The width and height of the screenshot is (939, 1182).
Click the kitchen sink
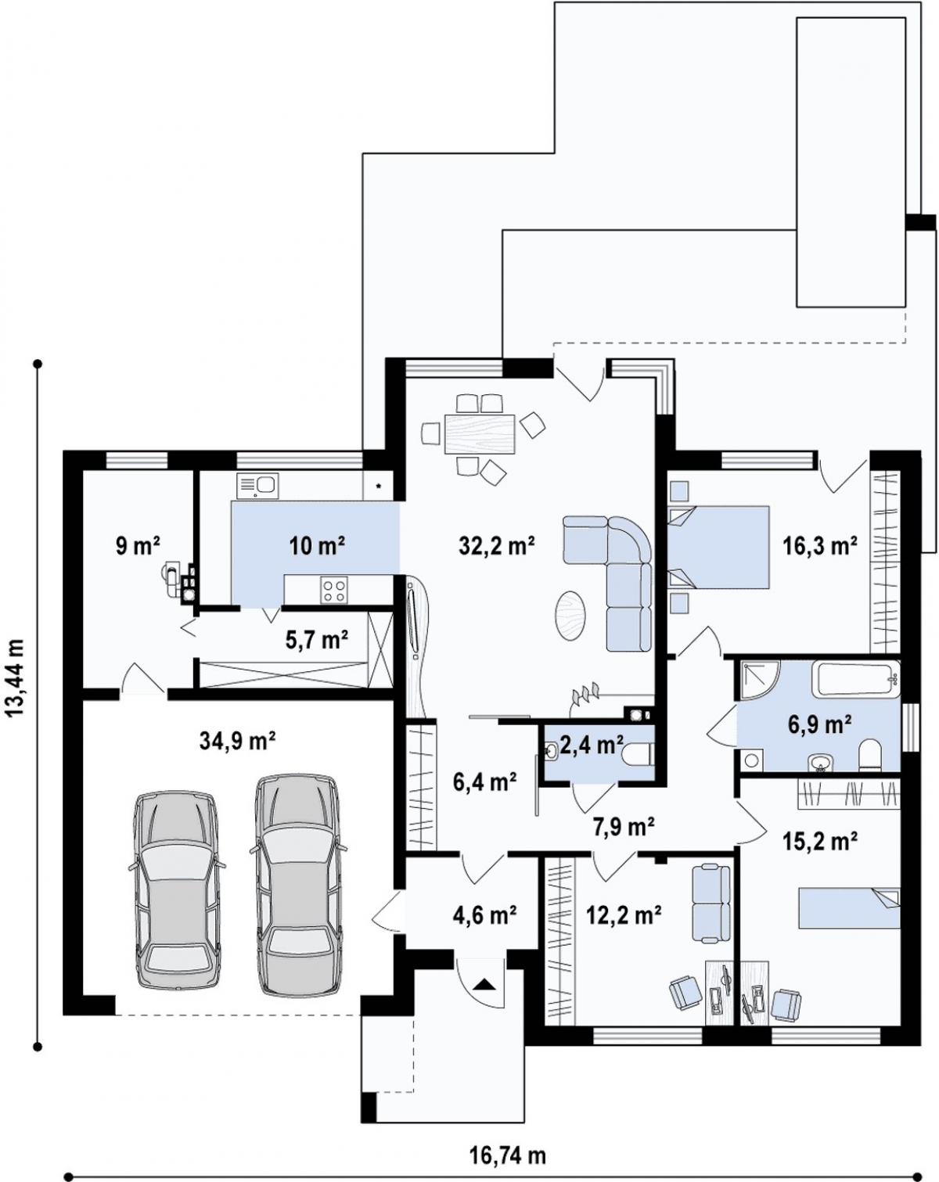[257, 485]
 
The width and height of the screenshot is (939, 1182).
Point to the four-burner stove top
[334, 590]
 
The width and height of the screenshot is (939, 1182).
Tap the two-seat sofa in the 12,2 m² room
[710, 904]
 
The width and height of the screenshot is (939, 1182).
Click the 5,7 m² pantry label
[318, 640]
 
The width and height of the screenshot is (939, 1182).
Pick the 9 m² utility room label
[138, 545]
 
